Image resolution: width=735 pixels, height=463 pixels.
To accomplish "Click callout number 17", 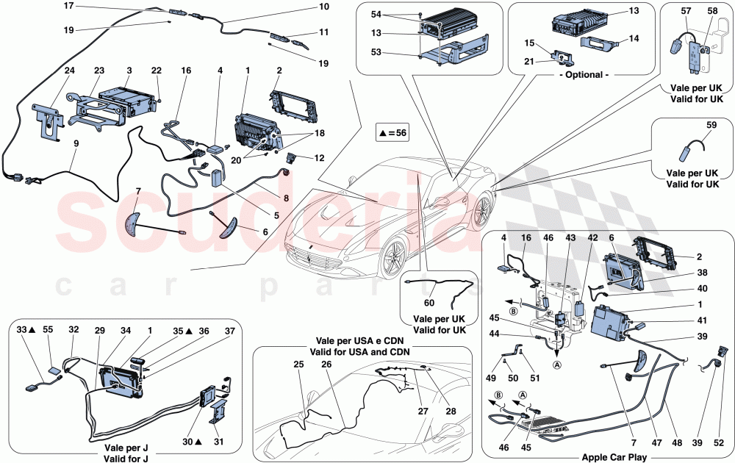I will pyautogui.click(x=68, y=6).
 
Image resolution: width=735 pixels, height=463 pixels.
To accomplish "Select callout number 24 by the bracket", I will pyautogui.click(x=49, y=71).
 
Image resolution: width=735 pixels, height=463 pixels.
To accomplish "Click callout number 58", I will pyautogui.click(x=712, y=12).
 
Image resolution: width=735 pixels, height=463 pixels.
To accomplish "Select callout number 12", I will pyautogui.click(x=319, y=158).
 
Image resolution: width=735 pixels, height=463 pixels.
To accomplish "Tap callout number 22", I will pyautogui.click(x=156, y=71).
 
